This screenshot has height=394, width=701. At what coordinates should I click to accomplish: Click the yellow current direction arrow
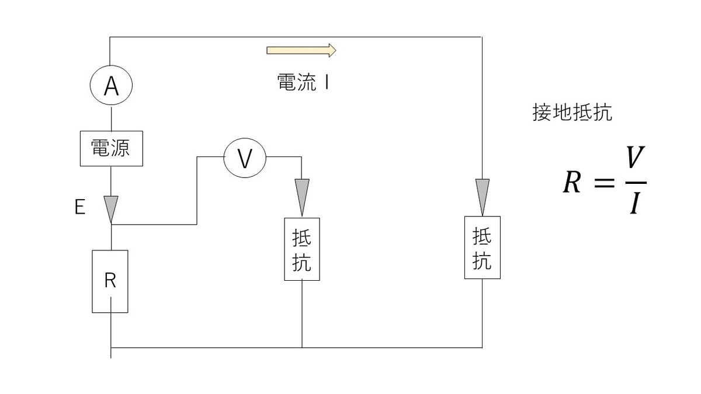click(x=301, y=50)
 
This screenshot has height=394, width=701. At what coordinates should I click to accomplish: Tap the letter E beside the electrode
click(x=80, y=207)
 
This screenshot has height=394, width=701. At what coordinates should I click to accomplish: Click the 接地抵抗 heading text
click(x=572, y=112)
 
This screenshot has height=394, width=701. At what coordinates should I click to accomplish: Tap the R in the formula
click(x=572, y=182)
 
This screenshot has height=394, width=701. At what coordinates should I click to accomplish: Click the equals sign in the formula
click(x=604, y=183)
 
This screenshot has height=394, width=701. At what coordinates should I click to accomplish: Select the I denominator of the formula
click(x=636, y=203)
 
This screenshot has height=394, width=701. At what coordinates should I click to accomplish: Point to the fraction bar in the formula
click(x=636, y=183)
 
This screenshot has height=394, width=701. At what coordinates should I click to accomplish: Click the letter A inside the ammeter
click(x=111, y=86)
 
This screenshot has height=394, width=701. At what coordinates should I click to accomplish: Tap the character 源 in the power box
click(x=120, y=148)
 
